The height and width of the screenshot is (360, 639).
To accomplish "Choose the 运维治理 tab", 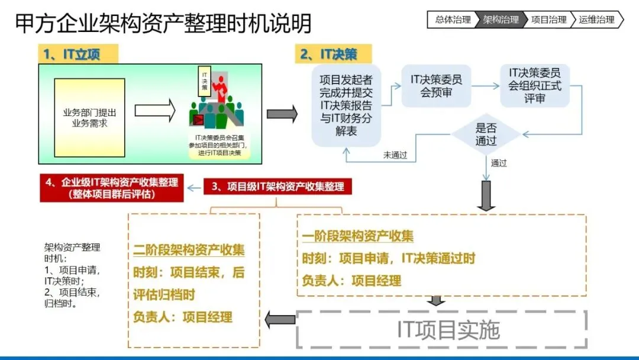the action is tap(596, 20).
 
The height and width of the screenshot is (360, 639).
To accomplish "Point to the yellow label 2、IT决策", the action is tap(334, 54).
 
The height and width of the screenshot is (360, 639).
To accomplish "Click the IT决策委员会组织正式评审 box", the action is tap(535, 86).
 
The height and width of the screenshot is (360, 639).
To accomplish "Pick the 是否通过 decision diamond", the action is tap(486, 134).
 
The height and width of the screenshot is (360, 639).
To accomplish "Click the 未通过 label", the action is tap(395, 156).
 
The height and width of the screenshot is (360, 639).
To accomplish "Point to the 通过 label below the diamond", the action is tap(499, 163).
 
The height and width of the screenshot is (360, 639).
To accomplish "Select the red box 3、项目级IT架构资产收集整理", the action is tap(277, 187).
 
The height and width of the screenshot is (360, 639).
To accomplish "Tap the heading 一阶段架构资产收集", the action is tap(357, 236).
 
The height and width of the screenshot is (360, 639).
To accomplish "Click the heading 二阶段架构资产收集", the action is tap(189, 249).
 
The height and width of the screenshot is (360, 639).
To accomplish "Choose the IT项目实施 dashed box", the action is tap(441, 330).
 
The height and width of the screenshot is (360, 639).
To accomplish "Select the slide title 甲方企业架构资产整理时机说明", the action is tap(163, 24).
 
